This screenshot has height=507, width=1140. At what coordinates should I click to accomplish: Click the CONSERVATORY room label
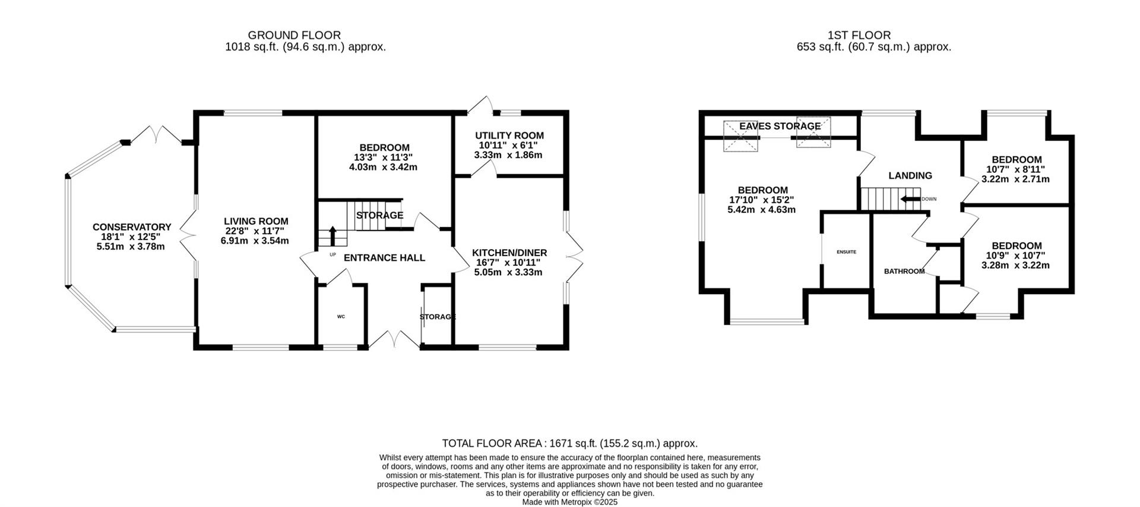click(131, 227)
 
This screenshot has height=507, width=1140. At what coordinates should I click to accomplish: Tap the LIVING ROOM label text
click(256, 222)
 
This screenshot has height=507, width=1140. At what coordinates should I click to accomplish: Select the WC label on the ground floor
click(341, 317)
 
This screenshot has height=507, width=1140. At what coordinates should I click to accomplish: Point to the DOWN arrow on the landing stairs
click(910, 199)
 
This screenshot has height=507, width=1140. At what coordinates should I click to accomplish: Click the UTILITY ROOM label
click(509, 136)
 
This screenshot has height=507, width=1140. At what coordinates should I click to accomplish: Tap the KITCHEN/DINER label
click(509, 253)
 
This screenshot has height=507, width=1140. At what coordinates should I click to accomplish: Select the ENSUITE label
click(846, 252)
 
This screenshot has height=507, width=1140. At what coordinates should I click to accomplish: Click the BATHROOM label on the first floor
click(904, 272)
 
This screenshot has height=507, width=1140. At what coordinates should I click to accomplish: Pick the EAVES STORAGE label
click(780, 126)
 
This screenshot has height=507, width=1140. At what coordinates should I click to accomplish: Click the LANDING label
click(910, 176)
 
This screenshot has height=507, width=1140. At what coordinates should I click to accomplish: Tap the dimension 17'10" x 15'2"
click(761, 200)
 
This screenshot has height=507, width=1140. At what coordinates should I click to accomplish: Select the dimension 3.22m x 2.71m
click(1016, 179)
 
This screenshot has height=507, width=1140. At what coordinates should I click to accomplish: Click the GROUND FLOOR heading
click(294, 36)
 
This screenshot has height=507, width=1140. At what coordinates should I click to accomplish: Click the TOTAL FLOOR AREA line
click(569, 443)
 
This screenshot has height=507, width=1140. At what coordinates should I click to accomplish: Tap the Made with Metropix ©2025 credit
click(569, 502)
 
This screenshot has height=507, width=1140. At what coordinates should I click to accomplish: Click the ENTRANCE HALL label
click(384, 258)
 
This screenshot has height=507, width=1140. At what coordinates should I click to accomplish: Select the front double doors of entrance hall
click(394, 340)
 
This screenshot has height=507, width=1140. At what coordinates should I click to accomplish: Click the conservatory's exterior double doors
click(156, 134)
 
